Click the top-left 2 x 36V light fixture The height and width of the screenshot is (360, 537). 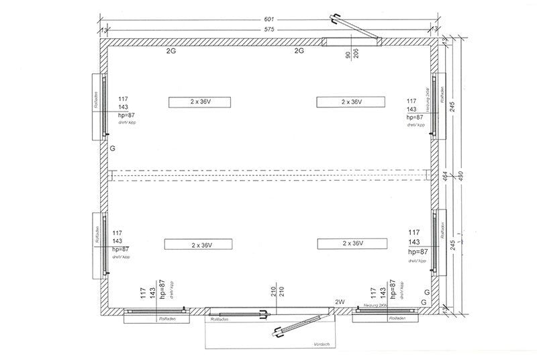(x=201, y=102)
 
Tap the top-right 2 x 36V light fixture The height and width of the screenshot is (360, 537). (x=352, y=102)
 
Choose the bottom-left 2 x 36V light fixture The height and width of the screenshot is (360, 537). (x=201, y=243)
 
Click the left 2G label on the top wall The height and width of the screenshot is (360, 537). (x=172, y=50)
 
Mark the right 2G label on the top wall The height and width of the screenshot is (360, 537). (x=300, y=50)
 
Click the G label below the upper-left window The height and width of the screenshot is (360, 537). (x=112, y=146)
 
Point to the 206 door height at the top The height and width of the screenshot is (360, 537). (x=355, y=54)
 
